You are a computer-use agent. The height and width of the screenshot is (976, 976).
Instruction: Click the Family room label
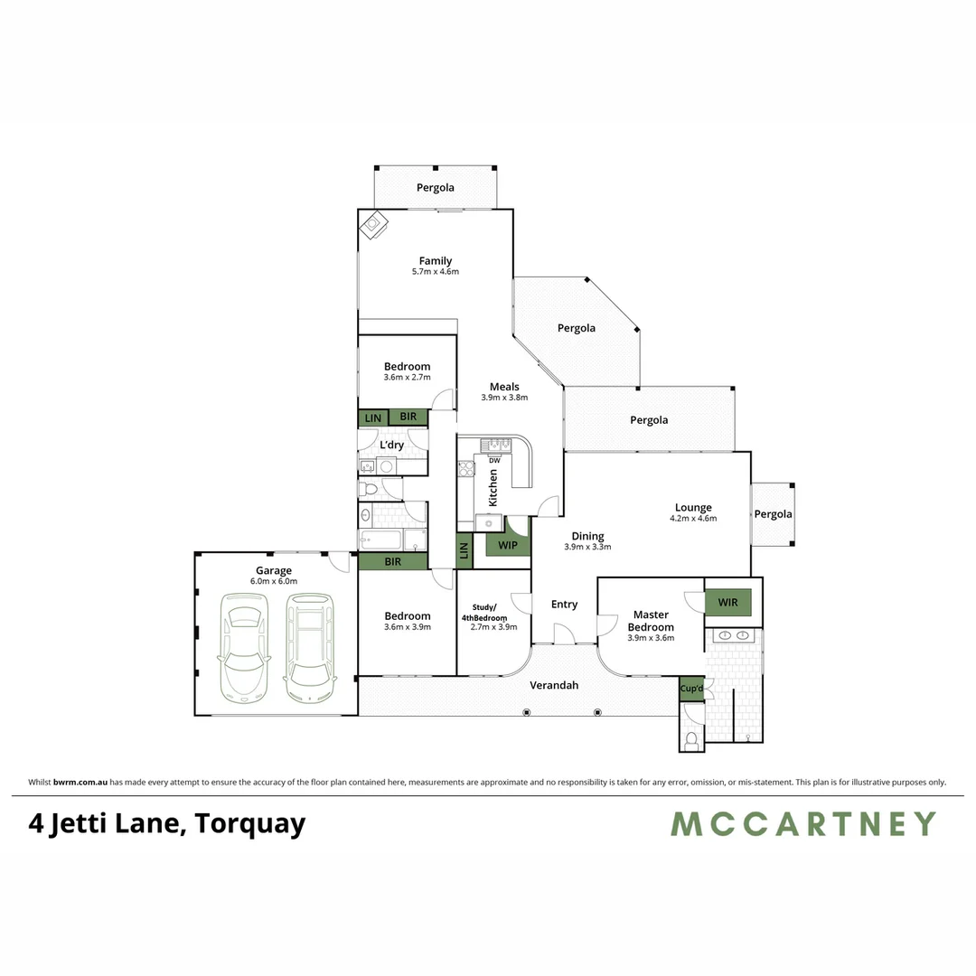click(435, 261)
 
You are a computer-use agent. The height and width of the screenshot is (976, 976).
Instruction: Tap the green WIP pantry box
click(507, 545)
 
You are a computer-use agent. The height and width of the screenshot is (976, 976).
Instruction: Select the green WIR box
click(727, 601)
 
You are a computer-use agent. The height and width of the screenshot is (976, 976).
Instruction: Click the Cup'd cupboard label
click(691, 689)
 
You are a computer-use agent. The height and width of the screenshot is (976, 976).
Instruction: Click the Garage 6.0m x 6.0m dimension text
click(274, 581)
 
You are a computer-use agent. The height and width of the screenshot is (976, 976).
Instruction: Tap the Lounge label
click(693, 508)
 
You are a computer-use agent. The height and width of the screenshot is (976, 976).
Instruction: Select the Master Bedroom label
click(651, 621)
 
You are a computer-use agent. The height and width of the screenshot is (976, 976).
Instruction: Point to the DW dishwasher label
click(494, 461)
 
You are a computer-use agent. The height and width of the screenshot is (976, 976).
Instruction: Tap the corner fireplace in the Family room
click(373, 224)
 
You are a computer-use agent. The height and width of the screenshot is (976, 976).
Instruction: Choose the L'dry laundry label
click(392, 446)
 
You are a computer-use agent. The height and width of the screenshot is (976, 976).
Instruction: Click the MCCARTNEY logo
click(802, 823)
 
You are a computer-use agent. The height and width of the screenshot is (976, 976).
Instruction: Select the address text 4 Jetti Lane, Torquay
click(167, 823)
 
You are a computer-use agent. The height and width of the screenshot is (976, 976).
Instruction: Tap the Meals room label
click(504, 387)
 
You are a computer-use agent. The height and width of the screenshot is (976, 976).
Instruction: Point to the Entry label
click(564, 605)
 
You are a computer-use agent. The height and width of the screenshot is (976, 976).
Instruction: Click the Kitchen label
click(493, 486)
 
